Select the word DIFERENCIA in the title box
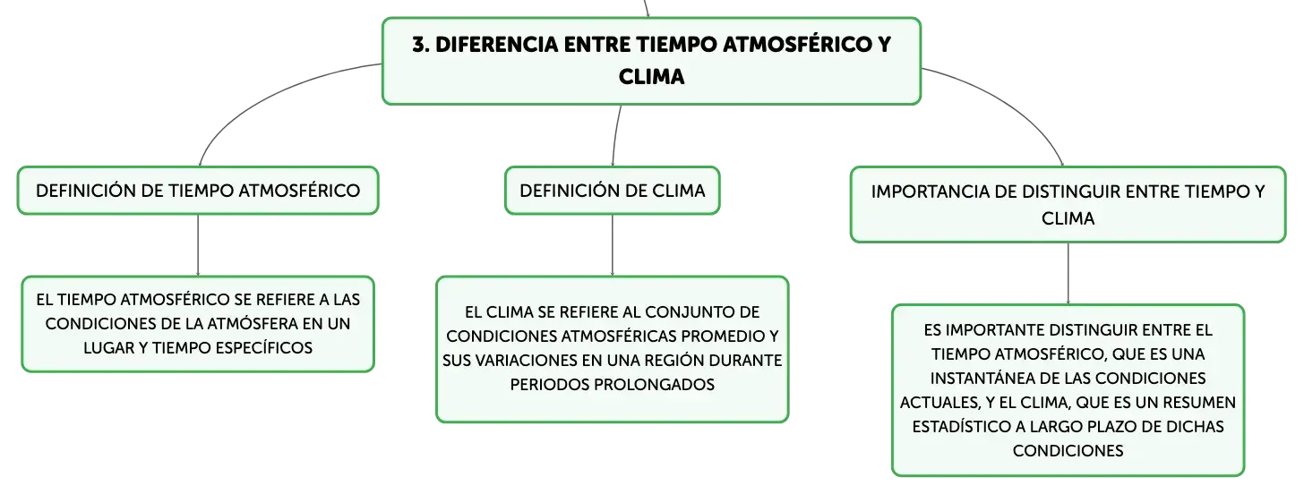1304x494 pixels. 496,45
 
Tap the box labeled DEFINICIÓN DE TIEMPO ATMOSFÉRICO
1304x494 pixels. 198,191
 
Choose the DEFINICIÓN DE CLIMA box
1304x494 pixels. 613,191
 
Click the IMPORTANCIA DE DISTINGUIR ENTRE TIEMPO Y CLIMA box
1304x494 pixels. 1068,205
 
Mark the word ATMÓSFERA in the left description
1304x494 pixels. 248,323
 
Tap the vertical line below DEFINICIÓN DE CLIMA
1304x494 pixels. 613,245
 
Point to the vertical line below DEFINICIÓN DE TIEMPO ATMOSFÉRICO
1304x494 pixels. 198,245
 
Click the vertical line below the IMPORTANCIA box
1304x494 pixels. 1068,274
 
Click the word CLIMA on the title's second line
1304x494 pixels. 651,77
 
